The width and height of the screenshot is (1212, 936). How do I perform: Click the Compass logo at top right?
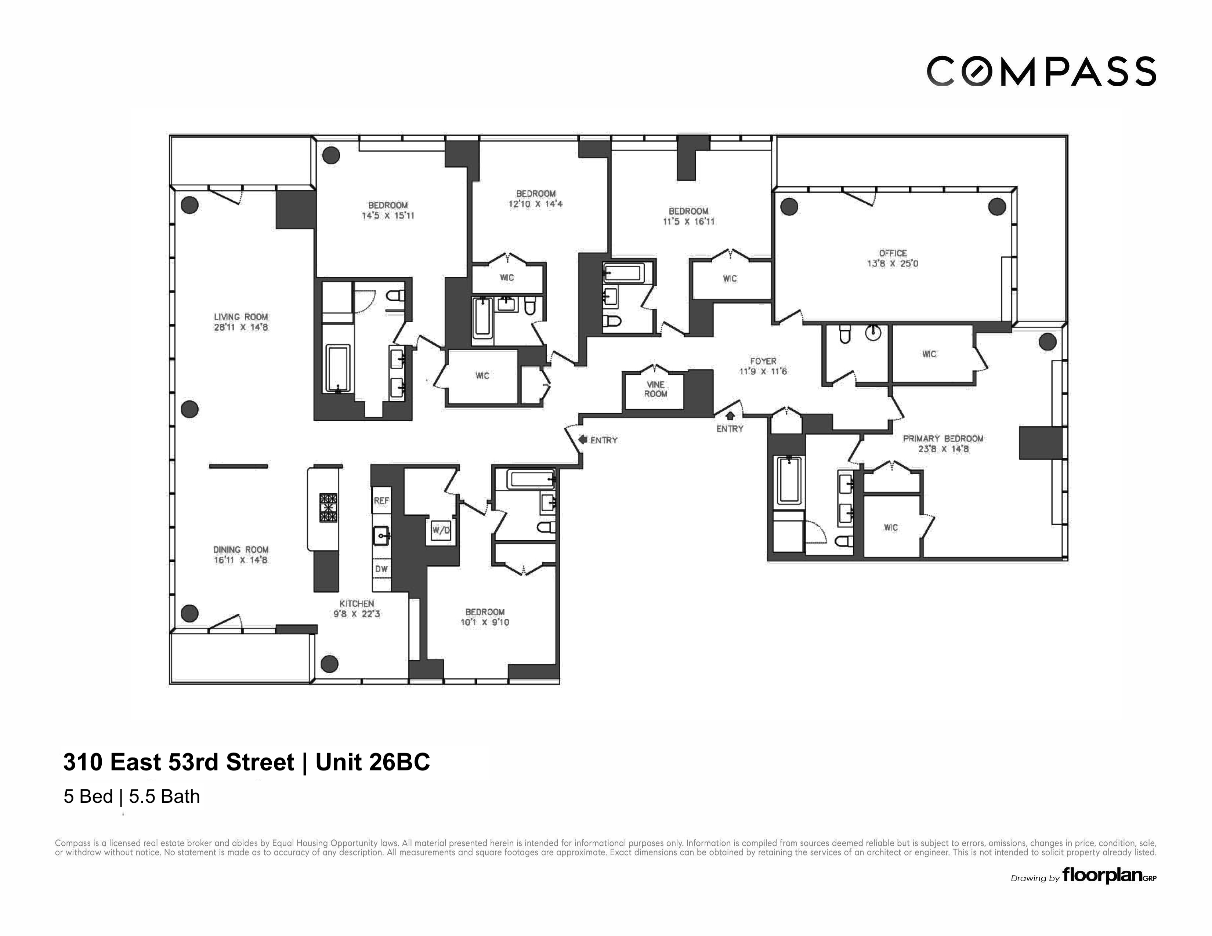pyautogui.click(x=1041, y=72)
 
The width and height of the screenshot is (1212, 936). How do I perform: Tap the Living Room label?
pyautogui.click(x=241, y=317)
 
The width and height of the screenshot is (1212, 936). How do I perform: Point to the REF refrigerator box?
pyautogui.click(x=381, y=500)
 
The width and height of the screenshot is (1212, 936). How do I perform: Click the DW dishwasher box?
pyautogui.click(x=381, y=569)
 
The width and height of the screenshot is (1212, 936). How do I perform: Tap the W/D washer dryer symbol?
pyautogui.click(x=441, y=530)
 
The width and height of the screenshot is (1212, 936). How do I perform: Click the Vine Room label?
pyautogui.click(x=655, y=389)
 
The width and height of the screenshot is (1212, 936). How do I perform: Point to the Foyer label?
pyautogui.click(x=763, y=361)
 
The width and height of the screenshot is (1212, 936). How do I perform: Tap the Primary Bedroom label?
pyautogui.click(x=943, y=438)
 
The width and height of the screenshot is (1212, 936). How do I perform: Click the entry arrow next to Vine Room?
pyautogui.click(x=583, y=439)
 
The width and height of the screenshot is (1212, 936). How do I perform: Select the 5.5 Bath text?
pyautogui.click(x=164, y=797)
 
